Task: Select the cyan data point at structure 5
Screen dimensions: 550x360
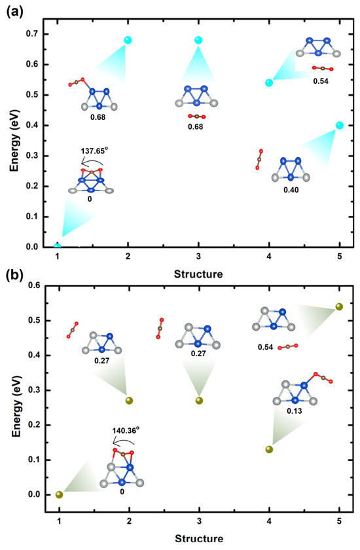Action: [339, 125]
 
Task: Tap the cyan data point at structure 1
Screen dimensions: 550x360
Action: [58, 246]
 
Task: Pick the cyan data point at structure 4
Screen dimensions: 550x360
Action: [269, 82]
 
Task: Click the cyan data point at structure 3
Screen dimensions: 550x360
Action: [198, 40]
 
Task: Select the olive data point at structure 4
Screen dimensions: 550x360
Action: [269, 449]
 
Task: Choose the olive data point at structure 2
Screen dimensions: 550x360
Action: [129, 401]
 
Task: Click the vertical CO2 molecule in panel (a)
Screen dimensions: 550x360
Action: [259, 160]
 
